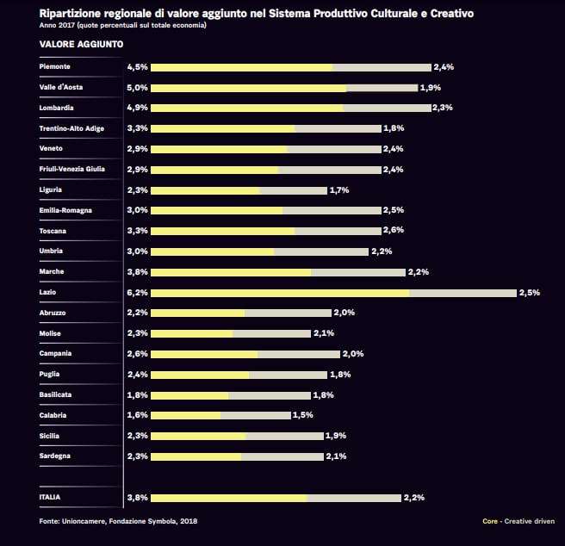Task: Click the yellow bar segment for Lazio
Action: tap(280, 293)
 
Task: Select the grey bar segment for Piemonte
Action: tap(381, 67)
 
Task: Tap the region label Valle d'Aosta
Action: tap(61, 87)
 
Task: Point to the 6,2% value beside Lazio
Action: tap(137, 293)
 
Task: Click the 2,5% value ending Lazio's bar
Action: tap(529, 293)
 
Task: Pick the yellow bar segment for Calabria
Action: tap(185, 415)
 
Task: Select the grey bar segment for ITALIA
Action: tap(353, 497)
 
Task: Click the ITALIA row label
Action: tap(50, 497)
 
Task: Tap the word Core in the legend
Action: tap(490, 521)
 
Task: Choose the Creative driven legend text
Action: tap(531, 521)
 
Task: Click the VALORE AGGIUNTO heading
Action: tap(81, 43)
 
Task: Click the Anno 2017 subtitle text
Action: tap(123, 25)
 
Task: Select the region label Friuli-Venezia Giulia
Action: tap(72, 169)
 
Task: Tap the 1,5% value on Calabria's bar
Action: tap(302, 415)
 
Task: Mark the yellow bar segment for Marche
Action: tap(231, 272)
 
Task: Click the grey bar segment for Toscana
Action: tap(338, 231)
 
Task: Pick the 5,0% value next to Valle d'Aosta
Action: tap(137, 87)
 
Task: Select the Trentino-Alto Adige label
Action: tap(71, 128)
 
